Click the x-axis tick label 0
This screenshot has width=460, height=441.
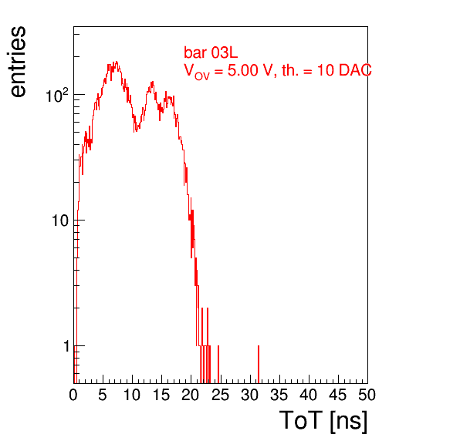(x=73, y=395)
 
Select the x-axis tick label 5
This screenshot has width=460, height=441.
(x=103, y=395)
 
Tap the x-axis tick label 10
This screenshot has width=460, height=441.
(x=132, y=395)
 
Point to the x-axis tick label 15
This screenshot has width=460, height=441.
(x=161, y=395)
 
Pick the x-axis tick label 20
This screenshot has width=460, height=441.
(x=191, y=395)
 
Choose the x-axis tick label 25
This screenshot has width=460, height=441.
(x=220, y=395)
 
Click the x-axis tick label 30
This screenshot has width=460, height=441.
(x=249, y=395)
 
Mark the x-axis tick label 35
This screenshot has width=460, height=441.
(x=279, y=395)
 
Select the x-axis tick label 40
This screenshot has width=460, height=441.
(x=308, y=395)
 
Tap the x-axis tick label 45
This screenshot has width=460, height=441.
(x=337, y=395)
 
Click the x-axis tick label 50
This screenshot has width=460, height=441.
(x=367, y=395)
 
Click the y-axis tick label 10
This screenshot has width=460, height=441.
(x=60, y=220)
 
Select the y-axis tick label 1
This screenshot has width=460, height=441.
(x=66, y=346)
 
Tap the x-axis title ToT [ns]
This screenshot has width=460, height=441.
(x=323, y=420)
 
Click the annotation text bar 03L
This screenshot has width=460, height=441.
(x=211, y=52)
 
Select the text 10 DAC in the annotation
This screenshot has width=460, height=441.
(x=344, y=70)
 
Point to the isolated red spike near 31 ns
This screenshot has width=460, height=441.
(x=259, y=365)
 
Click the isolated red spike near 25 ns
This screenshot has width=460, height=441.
(x=218, y=365)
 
